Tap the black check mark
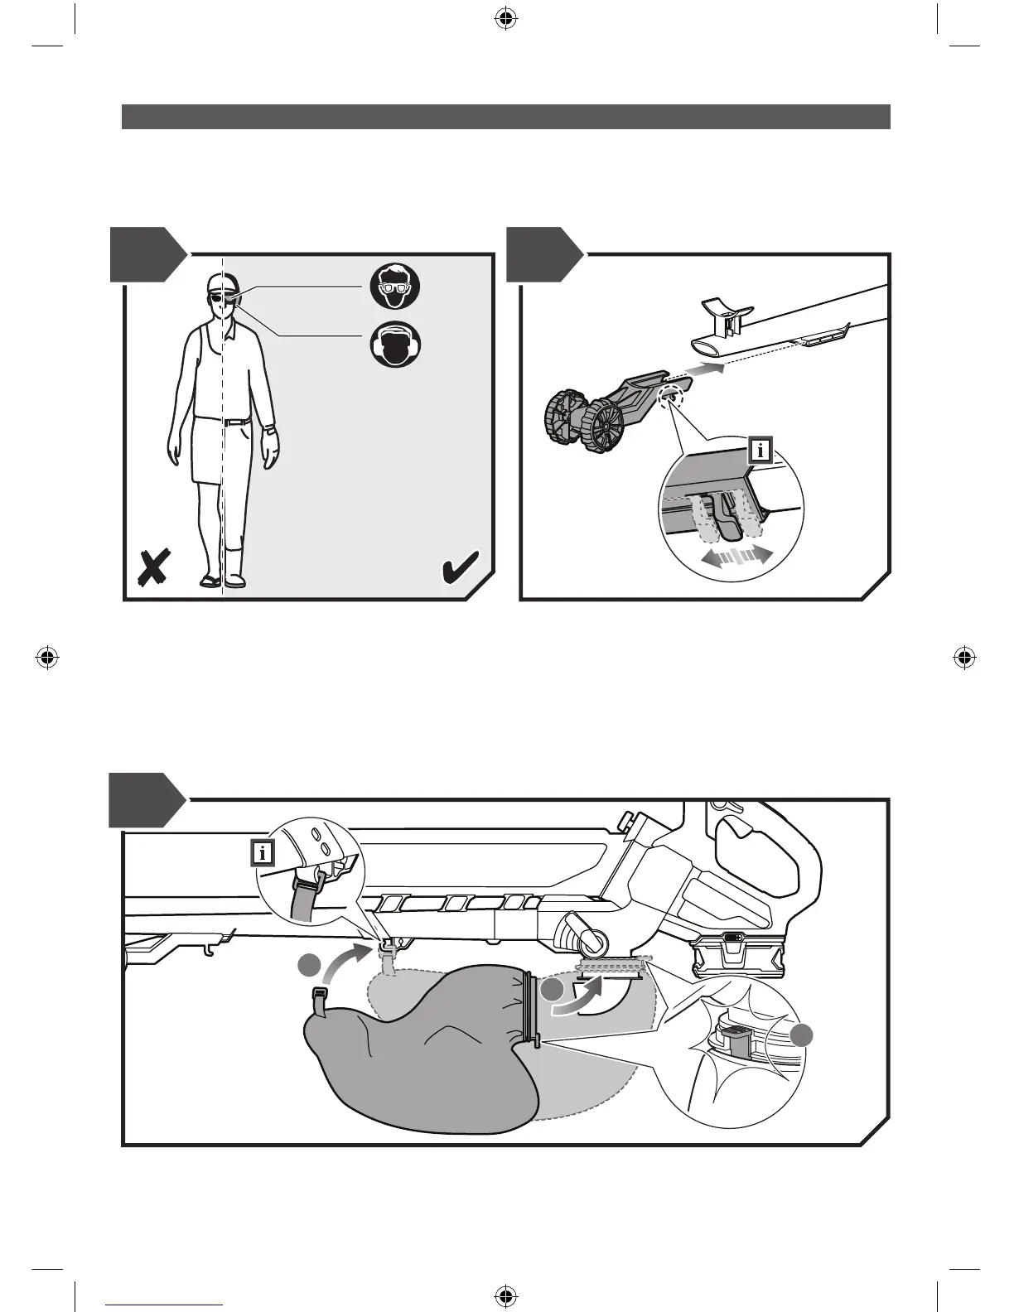pyautogui.click(x=457, y=569)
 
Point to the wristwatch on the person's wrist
pyautogui.click(x=269, y=429)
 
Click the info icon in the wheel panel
pyautogui.click(x=760, y=451)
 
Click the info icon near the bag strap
pyautogui.click(x=263, y=852)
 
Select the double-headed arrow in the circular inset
pyautogui.click(x=736, y=556)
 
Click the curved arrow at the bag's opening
pyautogui.click(x=581, y=994)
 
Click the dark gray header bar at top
pyautogui.click(x=506, y=117)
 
